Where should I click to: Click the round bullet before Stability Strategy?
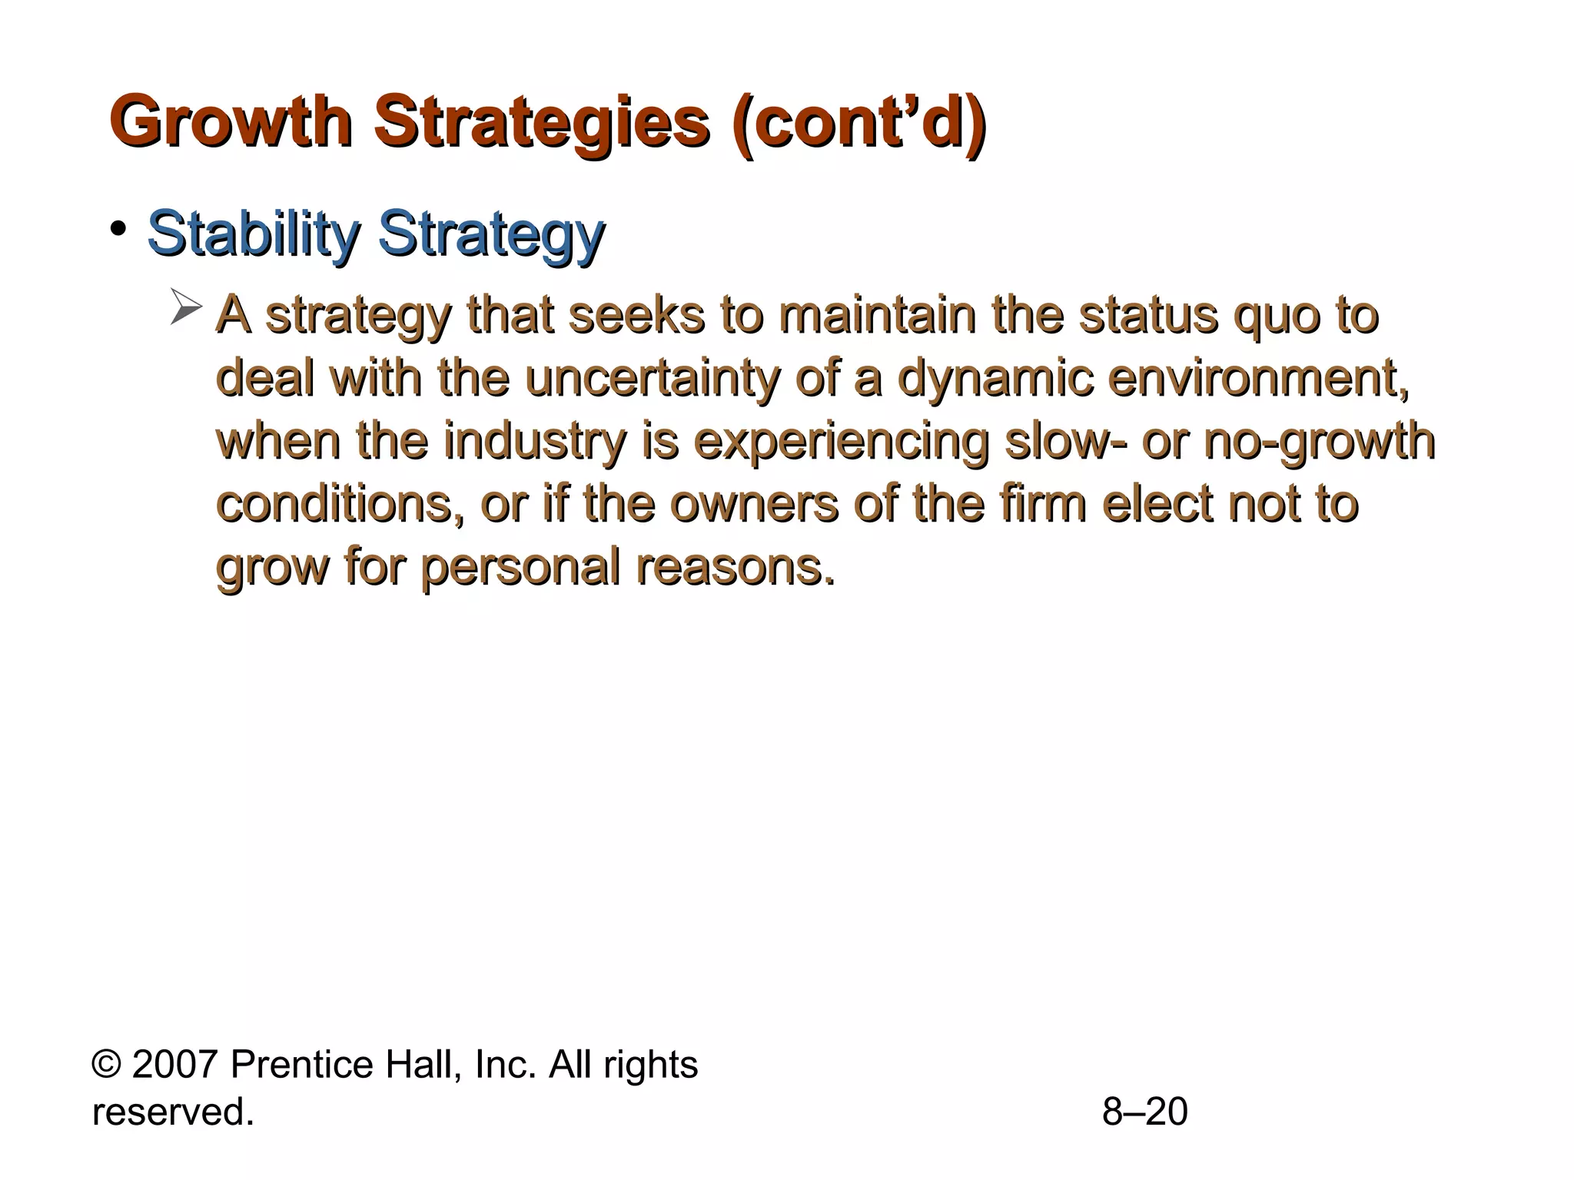pos(118,228)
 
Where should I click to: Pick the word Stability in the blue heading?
pos(252,234)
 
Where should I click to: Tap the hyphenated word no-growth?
pos(1319,442)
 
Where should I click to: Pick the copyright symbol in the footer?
pos(106,1066)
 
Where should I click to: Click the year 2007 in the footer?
pos(174,1065)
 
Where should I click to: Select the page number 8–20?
pos(1144,1112)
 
